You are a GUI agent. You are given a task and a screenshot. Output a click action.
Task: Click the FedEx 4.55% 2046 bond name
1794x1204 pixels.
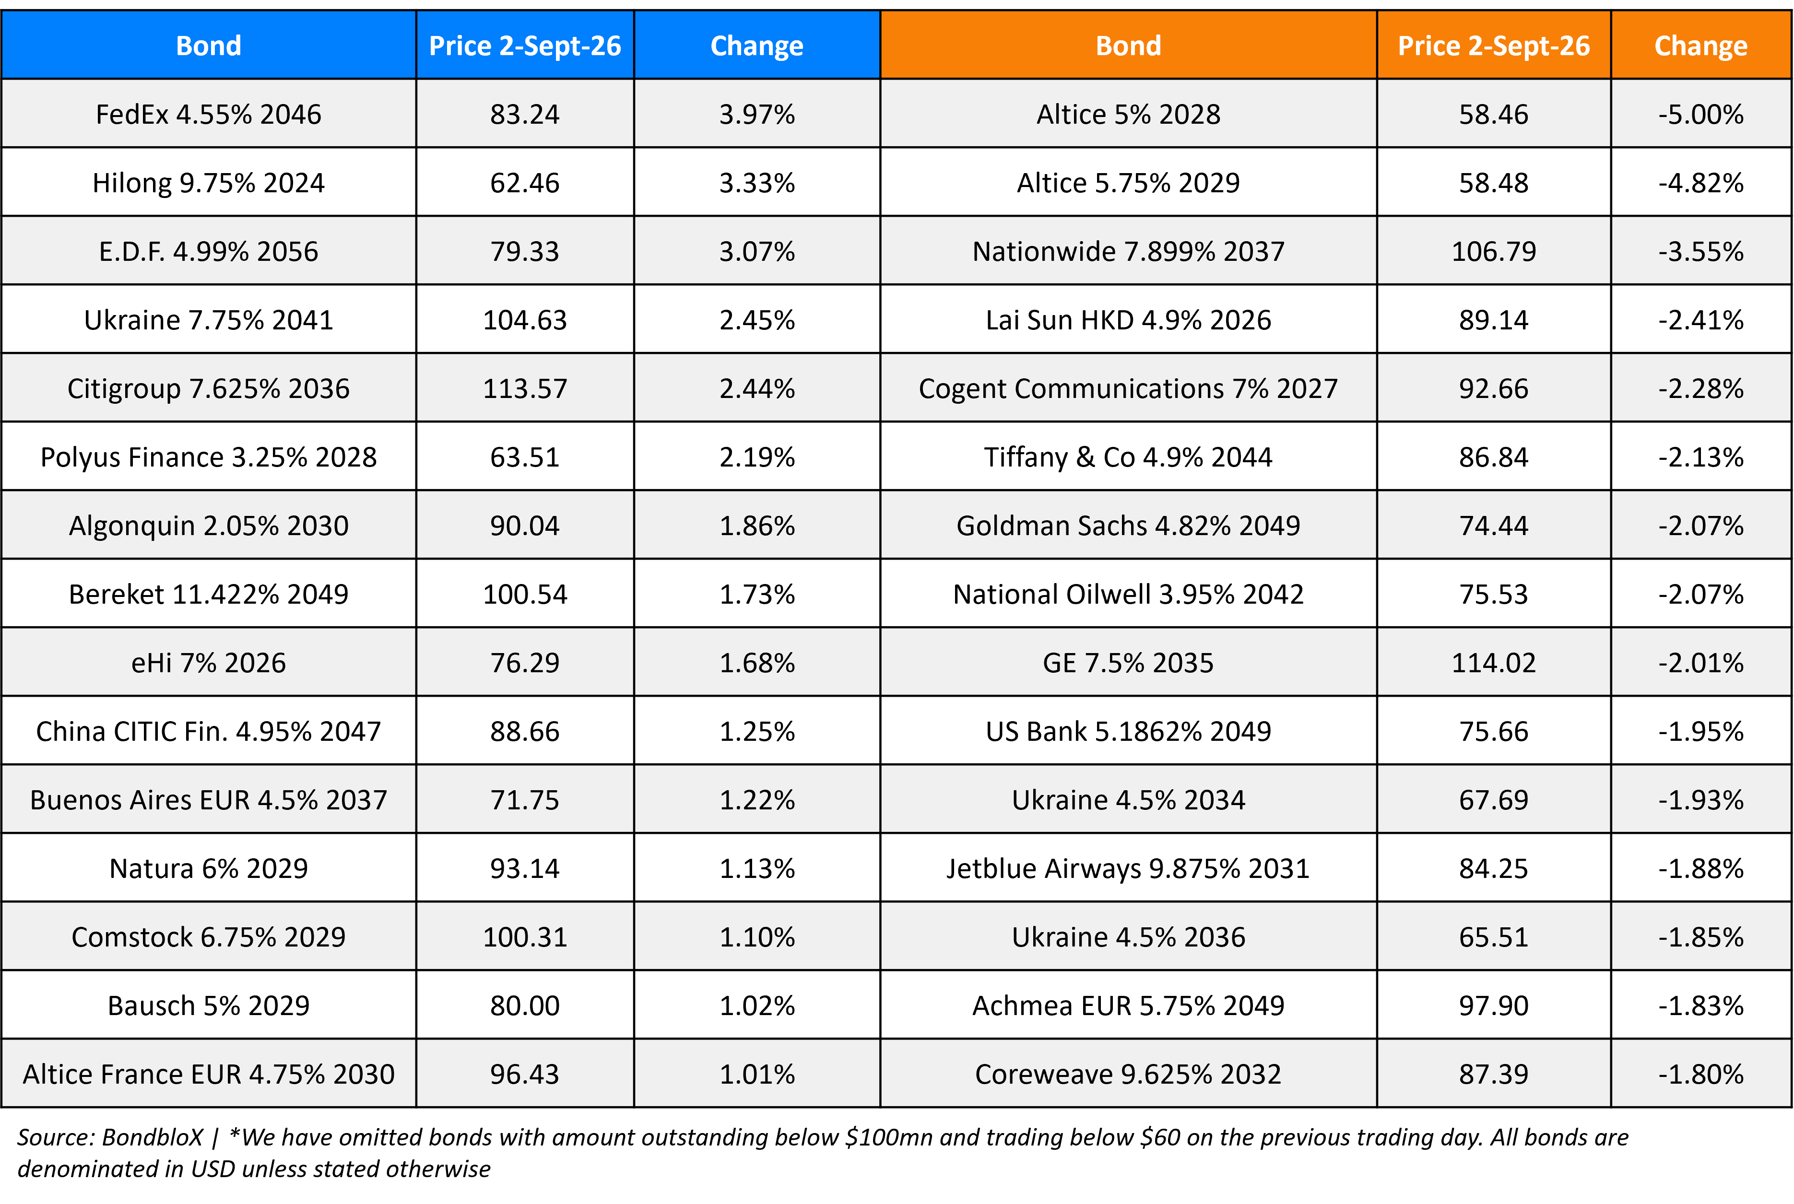click(208, 115)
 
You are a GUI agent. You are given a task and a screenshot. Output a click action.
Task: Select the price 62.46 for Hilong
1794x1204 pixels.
click(525, 183)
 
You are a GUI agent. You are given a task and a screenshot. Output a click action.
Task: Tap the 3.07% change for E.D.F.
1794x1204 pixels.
click(756, 251)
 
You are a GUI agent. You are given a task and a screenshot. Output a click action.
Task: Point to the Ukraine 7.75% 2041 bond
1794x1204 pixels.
click(208, 319)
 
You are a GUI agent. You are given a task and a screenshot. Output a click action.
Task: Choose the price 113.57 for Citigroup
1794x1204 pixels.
click(525, 388)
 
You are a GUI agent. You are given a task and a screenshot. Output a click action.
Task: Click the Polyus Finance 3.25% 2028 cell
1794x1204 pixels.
click(208, 457)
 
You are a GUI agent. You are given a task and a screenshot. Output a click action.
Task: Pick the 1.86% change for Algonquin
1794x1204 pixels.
click(756, 525)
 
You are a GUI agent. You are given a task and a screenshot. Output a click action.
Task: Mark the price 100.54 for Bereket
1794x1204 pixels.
click(525, 594)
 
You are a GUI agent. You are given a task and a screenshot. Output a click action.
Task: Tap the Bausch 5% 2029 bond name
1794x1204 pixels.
click(208, 1005)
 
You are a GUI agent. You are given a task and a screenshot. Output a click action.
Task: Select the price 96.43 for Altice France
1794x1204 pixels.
click(525, 1074)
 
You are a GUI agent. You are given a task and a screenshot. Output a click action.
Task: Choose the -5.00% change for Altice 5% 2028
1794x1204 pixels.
click(1700, 115)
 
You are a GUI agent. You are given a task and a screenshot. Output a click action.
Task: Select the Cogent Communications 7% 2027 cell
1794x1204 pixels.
click(1128, 388)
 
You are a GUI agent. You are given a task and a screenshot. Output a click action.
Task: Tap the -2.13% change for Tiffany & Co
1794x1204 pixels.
click(1700, 457)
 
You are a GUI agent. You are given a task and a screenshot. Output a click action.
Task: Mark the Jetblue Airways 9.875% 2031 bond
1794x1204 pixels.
click(1128, 868)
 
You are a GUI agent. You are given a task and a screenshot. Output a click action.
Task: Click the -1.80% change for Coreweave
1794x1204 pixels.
click(1700, 1074)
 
